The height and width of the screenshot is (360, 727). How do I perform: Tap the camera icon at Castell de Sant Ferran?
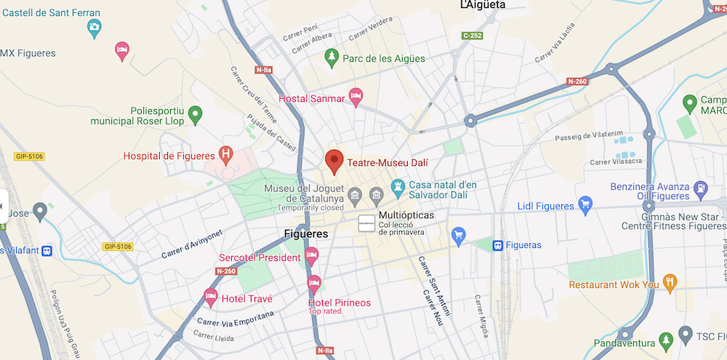click(x=94, y=28)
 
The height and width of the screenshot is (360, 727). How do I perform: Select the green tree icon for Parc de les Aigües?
click(x=332, y=57)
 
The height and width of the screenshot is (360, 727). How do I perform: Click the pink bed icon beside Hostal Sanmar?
click(x=356, y=95)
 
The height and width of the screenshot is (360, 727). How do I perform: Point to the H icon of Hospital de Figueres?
click(x=227, y=154)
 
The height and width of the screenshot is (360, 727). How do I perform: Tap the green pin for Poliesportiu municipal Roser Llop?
click(x=194, y=114)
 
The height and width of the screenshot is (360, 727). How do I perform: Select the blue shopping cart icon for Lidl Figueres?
click(x=585, y=205)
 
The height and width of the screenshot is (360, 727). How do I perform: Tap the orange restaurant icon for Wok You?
click(x=670, y=282)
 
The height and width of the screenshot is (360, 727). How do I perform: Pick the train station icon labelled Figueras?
click(x=498, y=245)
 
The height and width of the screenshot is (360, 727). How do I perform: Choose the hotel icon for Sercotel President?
click(x=312, y=255)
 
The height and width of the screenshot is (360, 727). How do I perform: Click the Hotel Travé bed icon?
click(x=210, y=295)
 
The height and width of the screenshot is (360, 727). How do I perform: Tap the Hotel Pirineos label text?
click(x=339, y=303)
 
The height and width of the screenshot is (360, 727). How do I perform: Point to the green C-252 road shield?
click(x=473, y=35)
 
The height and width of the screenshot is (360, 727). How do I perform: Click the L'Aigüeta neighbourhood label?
click(x=483, y=5)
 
